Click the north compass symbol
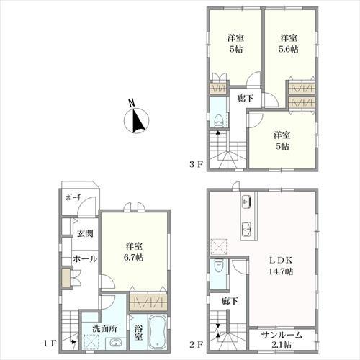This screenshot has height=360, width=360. [136, 118]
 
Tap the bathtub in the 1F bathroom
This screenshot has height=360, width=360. [158, 331]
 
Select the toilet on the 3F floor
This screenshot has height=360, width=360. [218, 121]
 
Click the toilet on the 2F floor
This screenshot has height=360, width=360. [218, 265]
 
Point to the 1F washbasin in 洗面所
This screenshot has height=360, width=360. [117, 343]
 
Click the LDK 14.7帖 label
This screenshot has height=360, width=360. [281, 266]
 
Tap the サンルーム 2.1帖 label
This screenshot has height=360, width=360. [282, 340]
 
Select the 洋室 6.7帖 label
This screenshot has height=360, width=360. [134, 252]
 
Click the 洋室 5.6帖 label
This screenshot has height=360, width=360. [289, 43]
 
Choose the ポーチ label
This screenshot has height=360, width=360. [73, 198]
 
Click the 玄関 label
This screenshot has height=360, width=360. [85, 233]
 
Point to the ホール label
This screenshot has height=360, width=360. [85, 258]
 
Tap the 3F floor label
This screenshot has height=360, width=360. [197, 165]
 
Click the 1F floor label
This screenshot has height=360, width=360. [50, 343]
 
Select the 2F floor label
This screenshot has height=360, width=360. [197, 345]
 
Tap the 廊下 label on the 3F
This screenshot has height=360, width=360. [246, 98]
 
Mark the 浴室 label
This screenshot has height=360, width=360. [139, 333]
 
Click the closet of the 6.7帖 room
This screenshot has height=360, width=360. [148, 302]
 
